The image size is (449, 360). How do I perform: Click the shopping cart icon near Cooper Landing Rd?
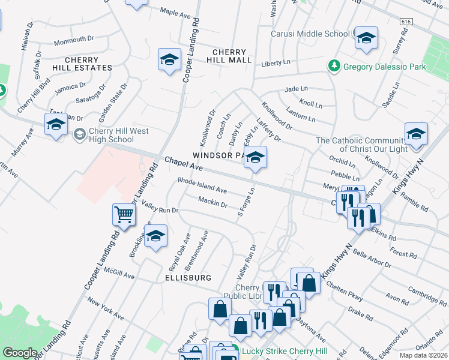point(123,214)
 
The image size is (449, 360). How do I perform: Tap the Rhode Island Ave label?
point(202,185)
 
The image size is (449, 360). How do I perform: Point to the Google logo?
point(20,353)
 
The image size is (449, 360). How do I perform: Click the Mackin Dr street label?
point(212,202)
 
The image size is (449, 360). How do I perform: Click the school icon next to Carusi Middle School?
point(365,38)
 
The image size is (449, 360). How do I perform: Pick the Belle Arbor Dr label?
point(372,257)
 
